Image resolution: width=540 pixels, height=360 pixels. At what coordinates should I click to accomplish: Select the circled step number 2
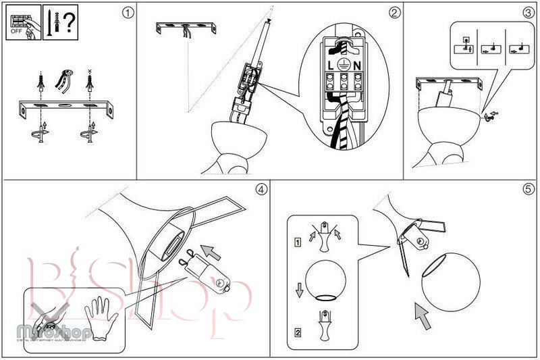(x=394, y=12)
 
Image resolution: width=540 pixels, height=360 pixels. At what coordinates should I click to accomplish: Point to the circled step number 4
(x=261, y=189)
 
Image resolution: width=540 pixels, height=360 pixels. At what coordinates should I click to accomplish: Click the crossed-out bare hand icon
(x=48, y=314)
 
